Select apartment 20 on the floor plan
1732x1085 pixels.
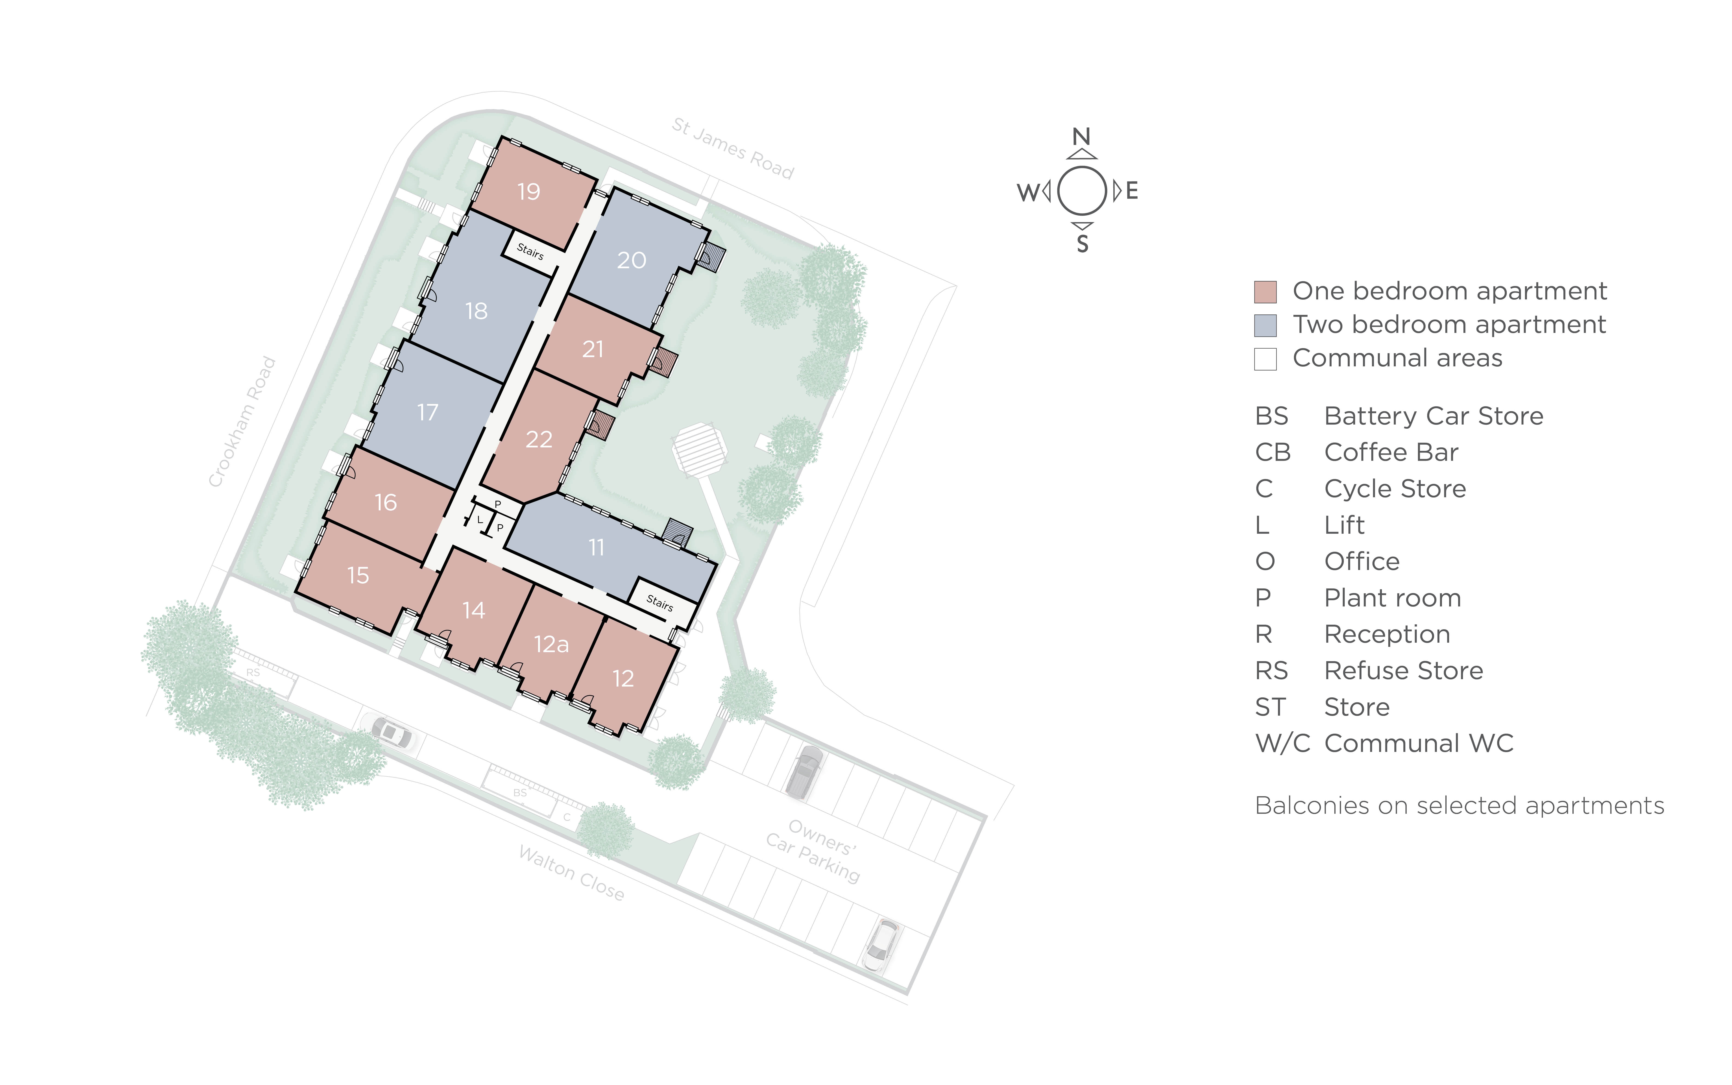632,260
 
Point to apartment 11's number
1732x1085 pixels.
597,548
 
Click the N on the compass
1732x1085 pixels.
1081,136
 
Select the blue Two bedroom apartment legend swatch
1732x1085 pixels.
1265,325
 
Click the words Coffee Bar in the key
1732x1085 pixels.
1390,452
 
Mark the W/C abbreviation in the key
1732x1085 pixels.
1282,743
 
